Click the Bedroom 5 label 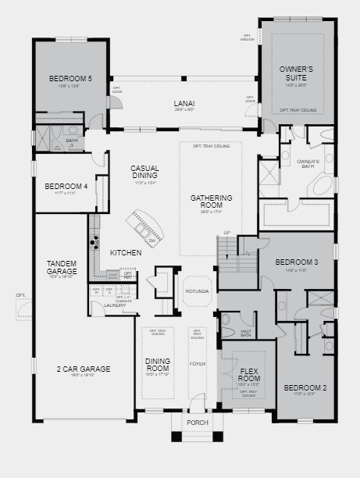tap(70, 78)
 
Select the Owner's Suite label tap(296, 74)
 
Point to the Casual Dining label tap(144, 172)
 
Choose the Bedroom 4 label tap(66, 186)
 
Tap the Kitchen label tap(125, 252)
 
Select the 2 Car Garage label tap(83, 369)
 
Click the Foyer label tap(197, 364)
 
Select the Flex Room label tap(249, 374)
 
